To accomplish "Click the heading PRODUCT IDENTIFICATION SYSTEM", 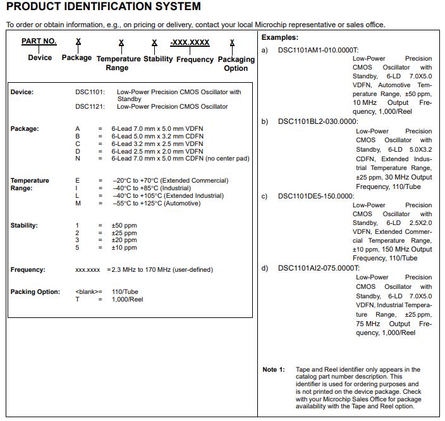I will coord(104,7).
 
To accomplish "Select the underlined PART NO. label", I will coord(39,41).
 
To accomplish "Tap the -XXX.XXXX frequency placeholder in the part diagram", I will coord(190,42).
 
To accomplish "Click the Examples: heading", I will coord(280,38).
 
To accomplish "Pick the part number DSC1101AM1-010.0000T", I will coord(318,49).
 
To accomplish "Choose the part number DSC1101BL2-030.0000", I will coord(317,121).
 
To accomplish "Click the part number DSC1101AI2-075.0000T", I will coord(319,268).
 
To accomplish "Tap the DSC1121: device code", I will coord(90,107).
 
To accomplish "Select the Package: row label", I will coord(25,129).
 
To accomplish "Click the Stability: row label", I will coord(24,226).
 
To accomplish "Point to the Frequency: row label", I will coord(28,270).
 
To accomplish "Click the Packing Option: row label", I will coord(35,292).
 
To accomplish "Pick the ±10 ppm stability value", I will coord(124,248).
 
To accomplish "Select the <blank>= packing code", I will coord(88,292).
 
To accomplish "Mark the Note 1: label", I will coord(274,370).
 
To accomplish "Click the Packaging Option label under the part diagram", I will coord(236,64).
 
